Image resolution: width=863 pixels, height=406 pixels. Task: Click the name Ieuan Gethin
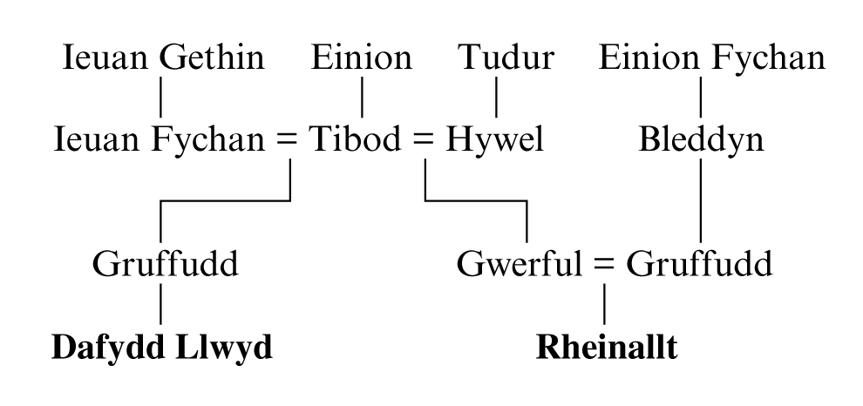tap(163, 58)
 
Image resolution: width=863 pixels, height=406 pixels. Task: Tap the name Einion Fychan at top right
tap(712, 58)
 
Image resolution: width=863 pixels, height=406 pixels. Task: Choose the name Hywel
tap(494, 139)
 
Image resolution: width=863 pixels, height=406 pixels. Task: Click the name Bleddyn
tap(701, 139)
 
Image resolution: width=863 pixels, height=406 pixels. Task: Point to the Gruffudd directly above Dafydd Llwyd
tap(166, 263)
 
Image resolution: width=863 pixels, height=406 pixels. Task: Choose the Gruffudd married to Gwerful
tap(703, 263)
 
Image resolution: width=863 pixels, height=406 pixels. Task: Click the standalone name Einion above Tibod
tap(362, 58)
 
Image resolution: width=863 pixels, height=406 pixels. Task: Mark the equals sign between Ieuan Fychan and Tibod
tap(290, 140)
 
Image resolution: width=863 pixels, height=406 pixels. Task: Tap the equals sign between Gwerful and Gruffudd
tap(603, 264)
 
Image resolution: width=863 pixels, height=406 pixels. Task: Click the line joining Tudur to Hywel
tap(496, 97)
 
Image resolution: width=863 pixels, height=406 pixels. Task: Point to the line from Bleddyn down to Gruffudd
tap(701, 200)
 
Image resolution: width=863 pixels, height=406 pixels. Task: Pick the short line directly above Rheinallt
tap(604, 303)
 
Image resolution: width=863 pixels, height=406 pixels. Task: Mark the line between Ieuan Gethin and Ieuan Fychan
tap(161, 97)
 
